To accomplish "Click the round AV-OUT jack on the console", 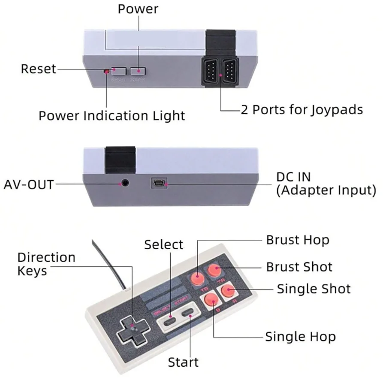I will tap(125, 183).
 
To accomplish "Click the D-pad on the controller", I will tap(133, 329).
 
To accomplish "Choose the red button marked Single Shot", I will tap(228, 292).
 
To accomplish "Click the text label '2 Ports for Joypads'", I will tap(302, 109).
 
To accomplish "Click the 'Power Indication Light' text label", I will tap(112, 115).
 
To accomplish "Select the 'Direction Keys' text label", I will tap(46, 264).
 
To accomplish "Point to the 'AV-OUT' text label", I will tap(29, 184).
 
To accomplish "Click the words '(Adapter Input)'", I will tap(326, 190).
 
